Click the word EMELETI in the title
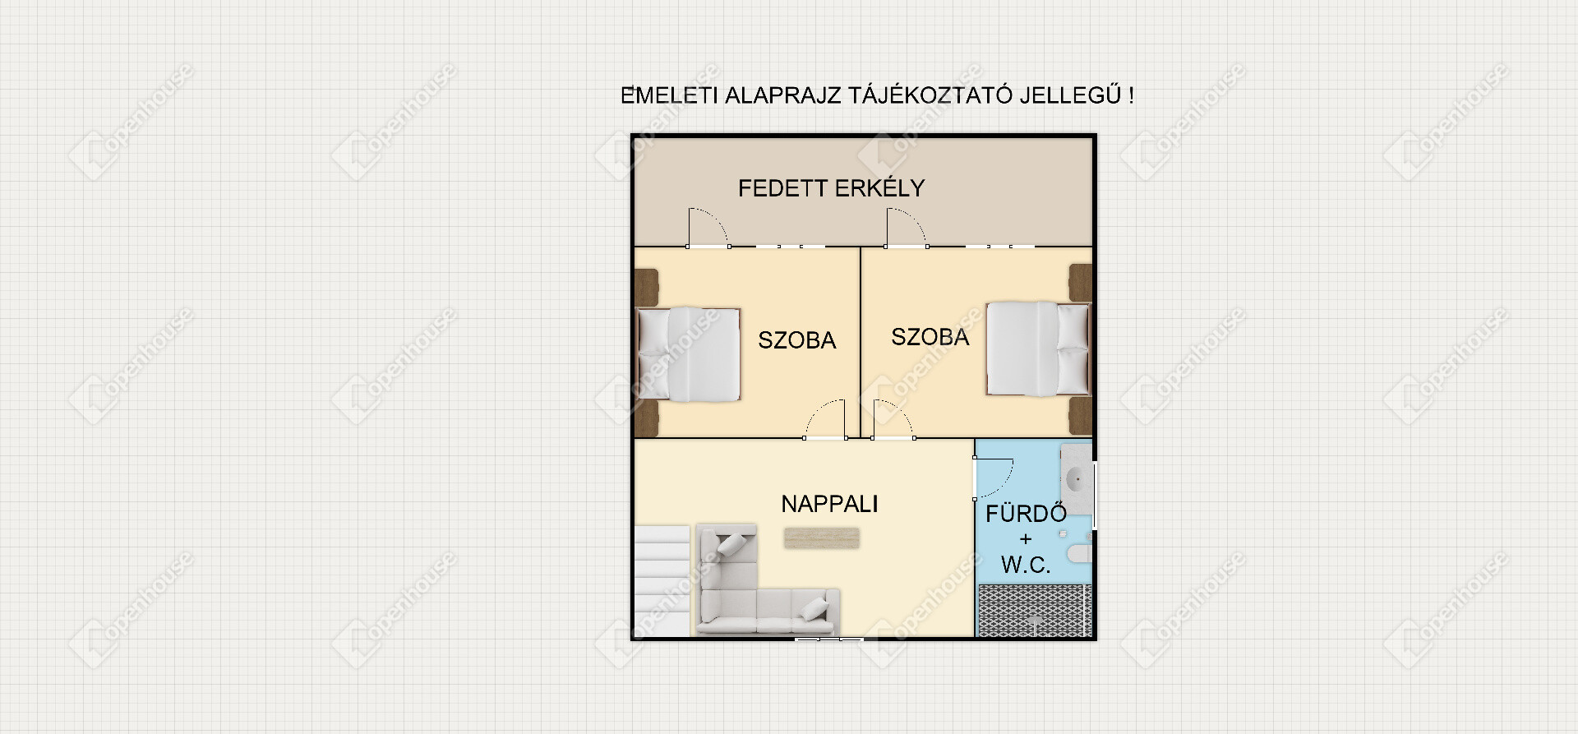[669, 95]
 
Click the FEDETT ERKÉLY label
[831, 188]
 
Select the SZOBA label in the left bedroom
[796, 340]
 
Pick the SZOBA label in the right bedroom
[930, 337]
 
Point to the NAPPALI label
[829, 504]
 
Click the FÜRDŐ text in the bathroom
[1026, 514]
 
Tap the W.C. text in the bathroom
[1026, 565]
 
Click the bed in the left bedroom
[689, 354]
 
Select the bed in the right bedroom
[1038, 349]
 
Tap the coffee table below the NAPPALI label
[822, 538]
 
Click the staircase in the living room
[662, 580]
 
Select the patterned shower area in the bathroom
[1034, 611]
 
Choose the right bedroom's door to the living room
[893, 418]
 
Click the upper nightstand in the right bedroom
[1080, 283]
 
